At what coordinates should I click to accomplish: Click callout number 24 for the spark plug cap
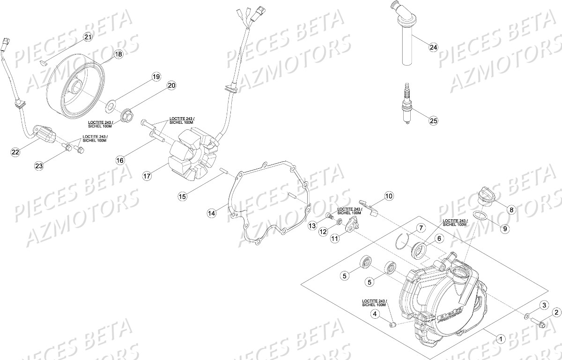tap(433, 47)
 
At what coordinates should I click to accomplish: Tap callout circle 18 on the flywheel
tap(118, 54)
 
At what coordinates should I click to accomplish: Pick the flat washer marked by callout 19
tap(111, 103)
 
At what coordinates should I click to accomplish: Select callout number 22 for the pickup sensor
tap(16, 151)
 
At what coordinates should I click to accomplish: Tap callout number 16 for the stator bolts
tap(120, 160)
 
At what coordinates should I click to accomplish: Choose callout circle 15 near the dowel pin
tap(183, 196)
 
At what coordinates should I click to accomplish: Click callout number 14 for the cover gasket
tap(212, 213)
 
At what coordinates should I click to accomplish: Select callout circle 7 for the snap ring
tap(421, 228)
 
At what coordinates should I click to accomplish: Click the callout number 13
tap(312, 226)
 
